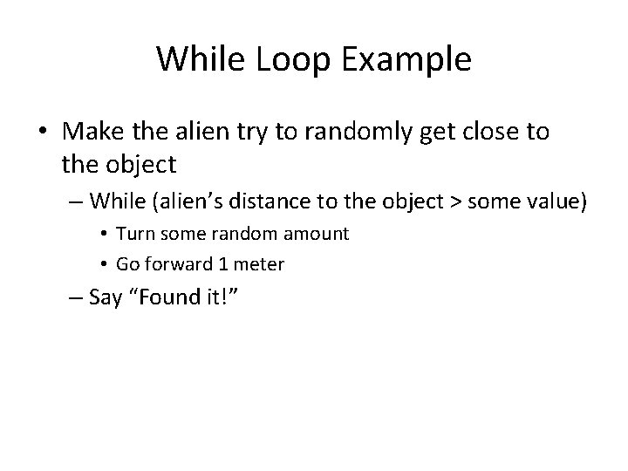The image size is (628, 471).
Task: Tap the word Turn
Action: point(133,234)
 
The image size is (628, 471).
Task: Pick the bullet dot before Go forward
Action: point(105,263)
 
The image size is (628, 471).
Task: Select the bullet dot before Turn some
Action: point(105,235)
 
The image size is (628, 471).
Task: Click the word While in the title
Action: point(196,59)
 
